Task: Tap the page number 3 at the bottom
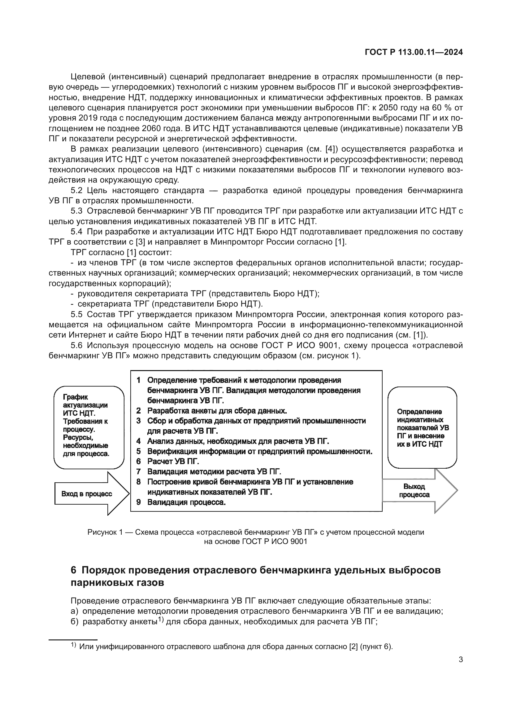click(x=461, y=659)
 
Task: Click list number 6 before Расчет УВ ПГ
click(x=138, y=461)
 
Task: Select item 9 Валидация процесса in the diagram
click(x=186, y=502)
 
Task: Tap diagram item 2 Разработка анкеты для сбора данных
click(x=217, y=410)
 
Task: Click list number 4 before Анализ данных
click(x=138, y=441)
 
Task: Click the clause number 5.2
click(x=76, y=190)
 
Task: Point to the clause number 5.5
click(x=76, y=314)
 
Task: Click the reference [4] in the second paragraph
click(x=331, y=149)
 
